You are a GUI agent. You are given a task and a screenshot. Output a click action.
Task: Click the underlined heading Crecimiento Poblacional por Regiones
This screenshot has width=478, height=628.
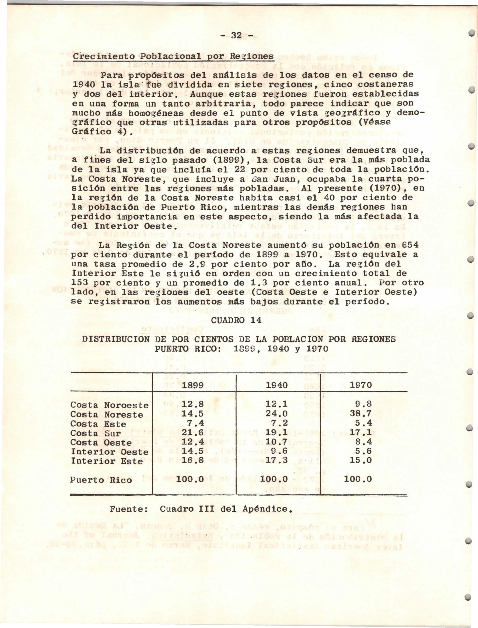click(x=173, y=56)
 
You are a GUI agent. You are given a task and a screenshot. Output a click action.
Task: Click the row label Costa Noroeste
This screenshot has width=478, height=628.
click(x=110, y=405)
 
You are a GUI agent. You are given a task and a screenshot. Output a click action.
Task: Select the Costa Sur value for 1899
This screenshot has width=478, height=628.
click(x=193, y=433)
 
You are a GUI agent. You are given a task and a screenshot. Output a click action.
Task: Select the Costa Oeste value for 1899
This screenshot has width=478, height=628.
click(x=193, y=443)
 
